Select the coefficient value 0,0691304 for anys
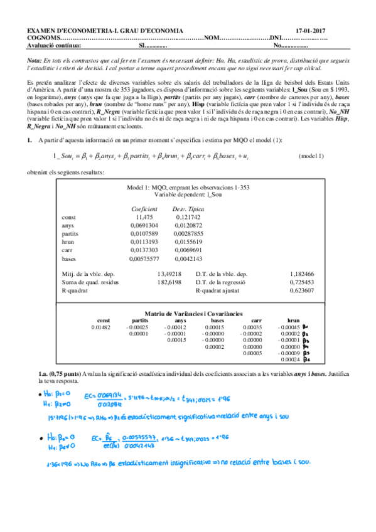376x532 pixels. click(145, 224)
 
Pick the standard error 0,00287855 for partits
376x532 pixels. click(188, 232)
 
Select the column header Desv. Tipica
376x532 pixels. click(188, 207)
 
